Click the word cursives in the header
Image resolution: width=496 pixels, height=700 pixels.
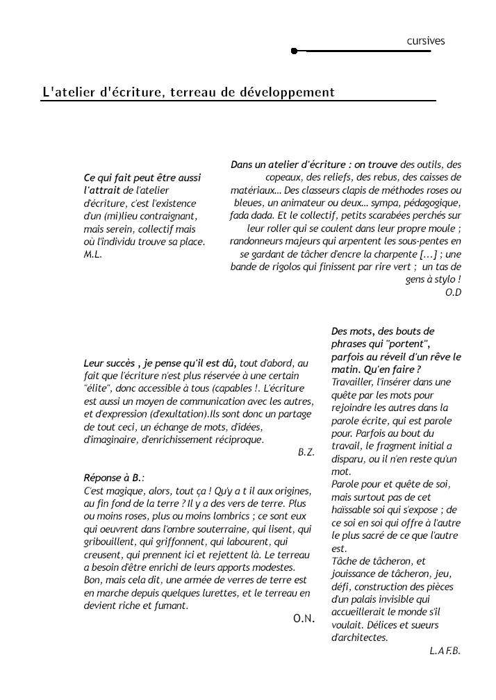tap(425, 41)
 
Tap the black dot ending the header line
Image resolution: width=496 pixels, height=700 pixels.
tap(295, 51)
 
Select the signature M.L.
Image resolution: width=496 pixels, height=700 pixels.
tap(92, 254)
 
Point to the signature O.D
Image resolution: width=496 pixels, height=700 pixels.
tap(453, 292)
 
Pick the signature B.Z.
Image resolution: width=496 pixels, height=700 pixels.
tap(306, 452)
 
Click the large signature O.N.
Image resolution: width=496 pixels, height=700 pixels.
tap(304, 618)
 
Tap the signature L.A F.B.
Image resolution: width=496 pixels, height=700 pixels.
tap(445, 651)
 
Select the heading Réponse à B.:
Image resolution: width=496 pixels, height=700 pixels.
tap(114, 478)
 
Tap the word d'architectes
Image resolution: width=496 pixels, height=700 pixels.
tap(360, 637)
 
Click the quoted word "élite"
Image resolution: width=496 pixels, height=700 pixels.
tap(97, 389)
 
